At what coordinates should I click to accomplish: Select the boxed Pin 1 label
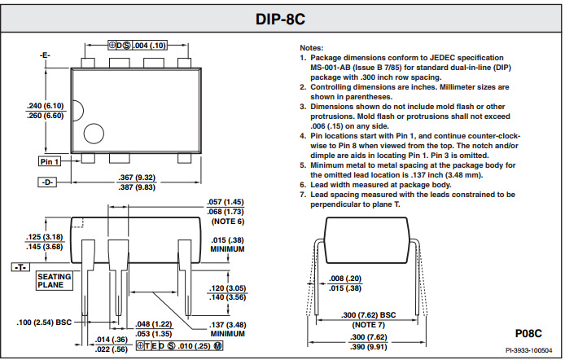point(50,162)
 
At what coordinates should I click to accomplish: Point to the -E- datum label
point(45,55)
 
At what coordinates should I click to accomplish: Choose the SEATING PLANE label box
point(55,281)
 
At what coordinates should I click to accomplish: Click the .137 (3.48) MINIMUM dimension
point(228,329)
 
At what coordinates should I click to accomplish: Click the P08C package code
point(530,333)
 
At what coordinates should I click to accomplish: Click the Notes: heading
point(312,49)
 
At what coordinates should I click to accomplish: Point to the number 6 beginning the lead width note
point(303,185)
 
